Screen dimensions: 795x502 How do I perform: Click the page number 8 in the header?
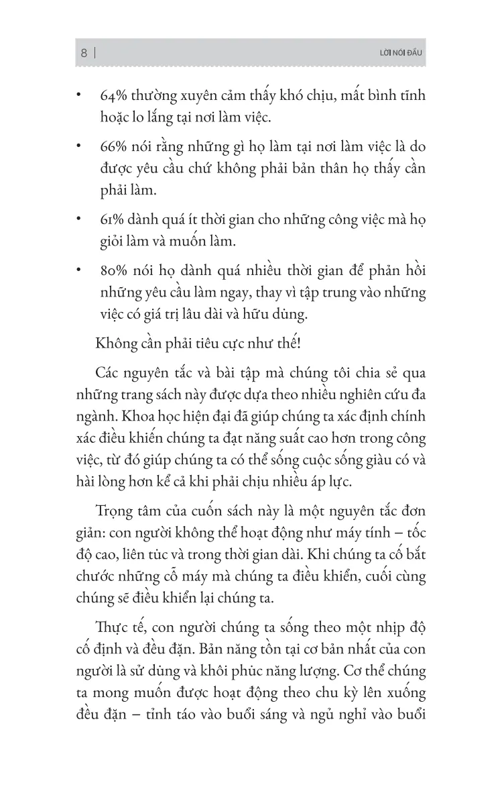point(84,52)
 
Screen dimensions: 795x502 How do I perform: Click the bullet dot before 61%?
point(78,219)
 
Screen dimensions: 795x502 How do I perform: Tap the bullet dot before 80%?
point(78,271)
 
